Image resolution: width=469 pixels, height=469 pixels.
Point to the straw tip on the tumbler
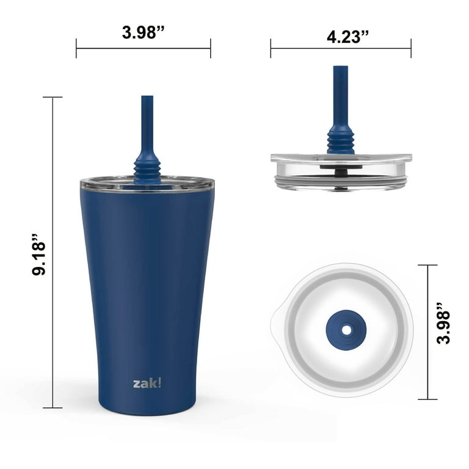click(x=147, y=101)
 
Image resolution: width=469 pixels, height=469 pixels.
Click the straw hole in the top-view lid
click(x=346, y=330)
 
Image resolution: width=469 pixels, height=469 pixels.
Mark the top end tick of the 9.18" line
click(x=53, y=97)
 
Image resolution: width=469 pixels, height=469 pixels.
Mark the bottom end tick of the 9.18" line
click(x=53, y=408)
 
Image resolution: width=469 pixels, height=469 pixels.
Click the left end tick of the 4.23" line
click(x=271, y=48)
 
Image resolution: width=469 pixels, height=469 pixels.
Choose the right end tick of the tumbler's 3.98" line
click(x=211, y=48)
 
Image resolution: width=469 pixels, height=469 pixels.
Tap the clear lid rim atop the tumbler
click(x=147, y=183)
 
